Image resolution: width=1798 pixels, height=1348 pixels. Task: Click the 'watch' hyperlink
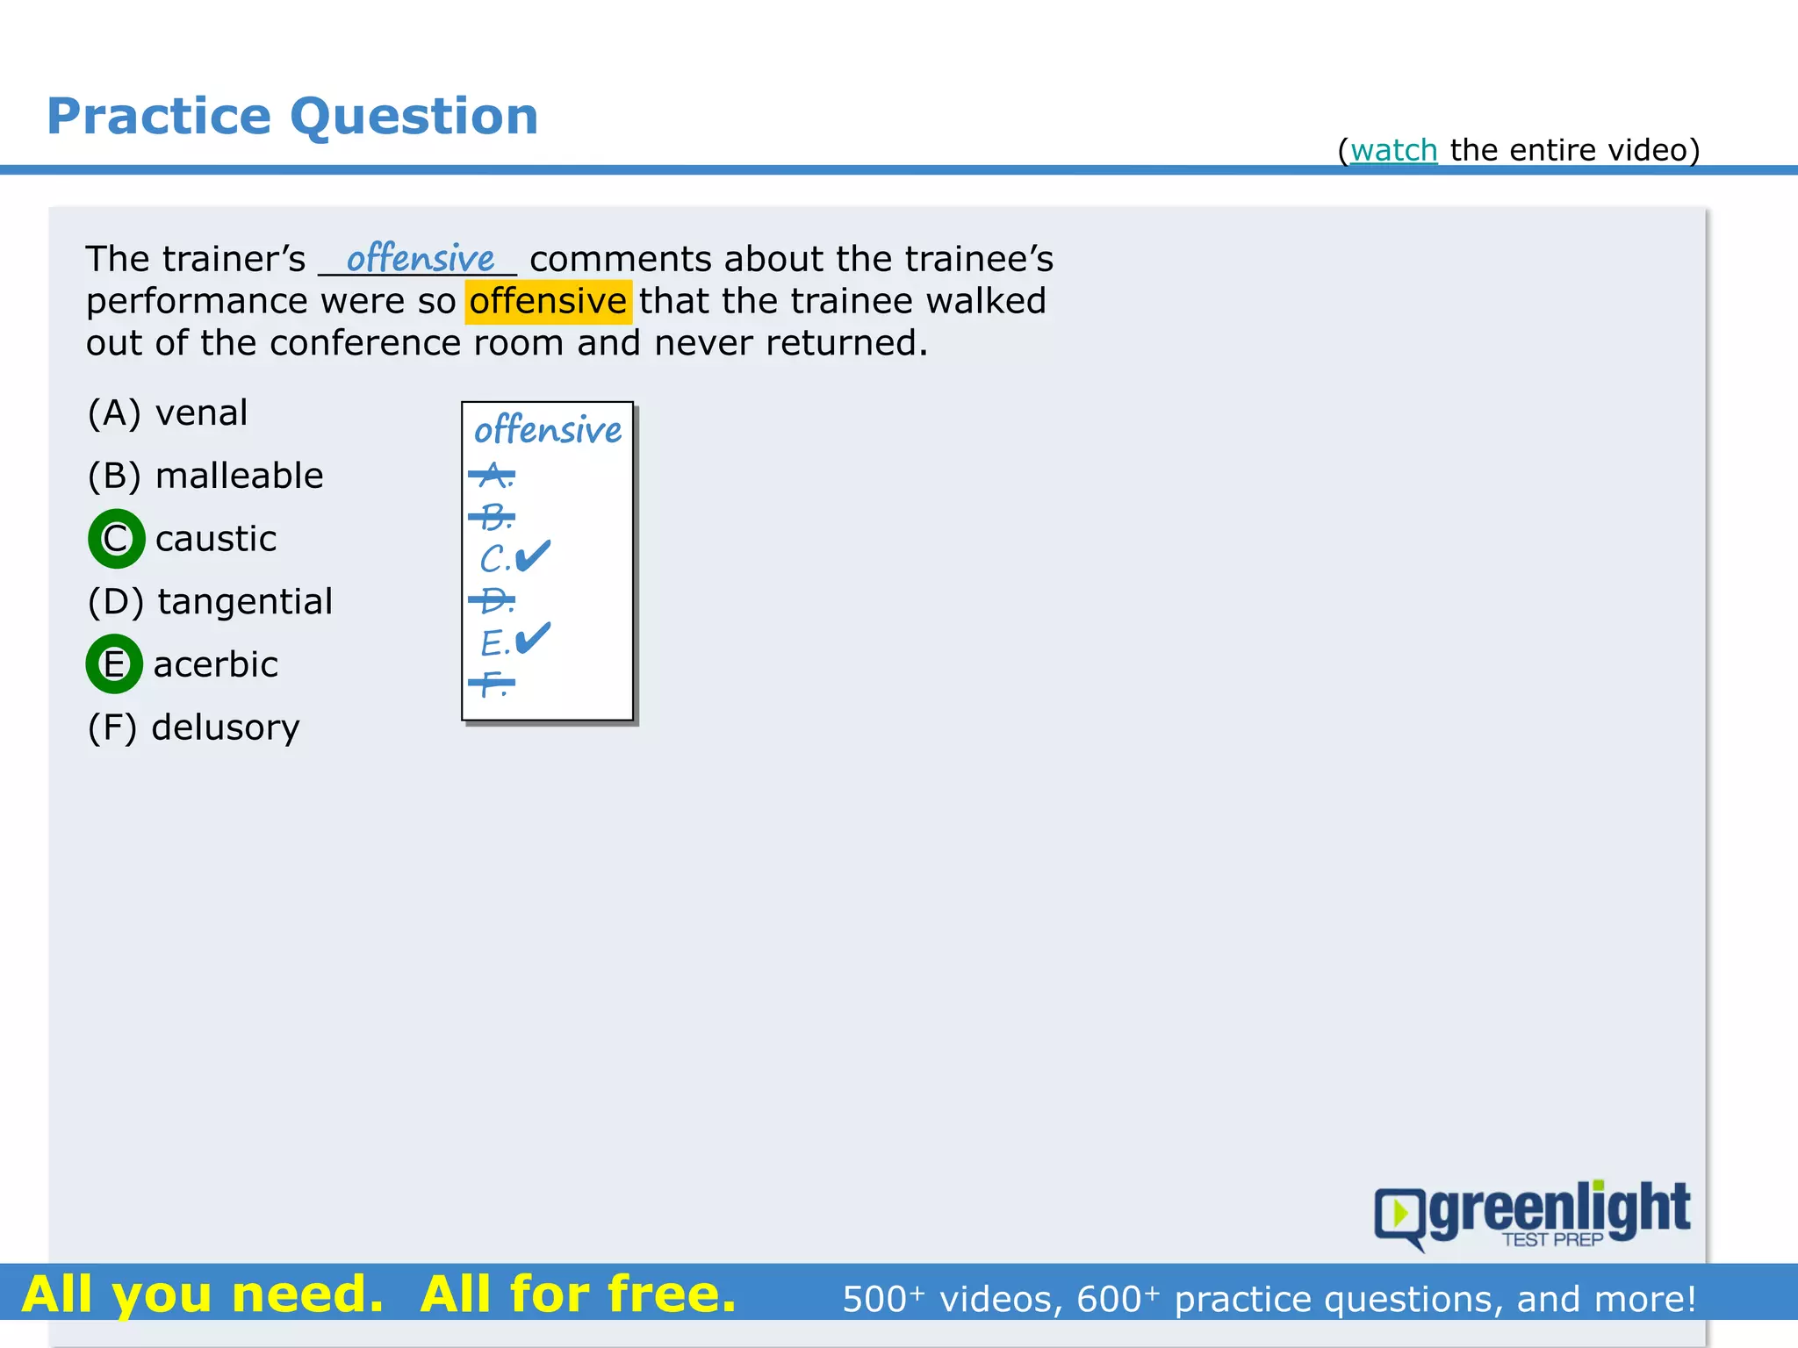tap(1393, 150)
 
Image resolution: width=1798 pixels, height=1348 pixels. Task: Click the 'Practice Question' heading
tap(292, 116)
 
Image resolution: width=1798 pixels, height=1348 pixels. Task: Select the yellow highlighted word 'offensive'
tap(548, 301)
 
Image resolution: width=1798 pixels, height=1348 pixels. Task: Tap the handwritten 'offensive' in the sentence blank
tap(421, 258)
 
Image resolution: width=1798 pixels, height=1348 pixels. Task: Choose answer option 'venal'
tap(201, 412)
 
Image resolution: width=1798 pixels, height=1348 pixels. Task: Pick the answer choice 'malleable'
tap(239, 476)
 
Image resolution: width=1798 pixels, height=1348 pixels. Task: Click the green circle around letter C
tap(116, 538)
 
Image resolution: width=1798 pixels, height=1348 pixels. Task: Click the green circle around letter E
tap(114, 663)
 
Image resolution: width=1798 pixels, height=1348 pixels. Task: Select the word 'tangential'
tap(245, 601)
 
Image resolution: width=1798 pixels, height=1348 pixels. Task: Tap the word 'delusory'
tap(226, 727)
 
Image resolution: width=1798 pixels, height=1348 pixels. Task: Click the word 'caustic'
tap(216, 538)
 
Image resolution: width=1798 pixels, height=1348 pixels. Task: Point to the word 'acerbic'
tap(216, 664)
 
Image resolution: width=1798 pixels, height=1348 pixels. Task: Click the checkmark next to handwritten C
tap(533, 556)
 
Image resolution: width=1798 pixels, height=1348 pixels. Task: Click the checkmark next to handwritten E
tap(533, 638)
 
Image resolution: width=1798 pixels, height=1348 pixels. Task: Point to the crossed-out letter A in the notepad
tap(493, 476)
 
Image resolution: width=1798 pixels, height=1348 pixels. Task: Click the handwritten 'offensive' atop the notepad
tap(548, 430)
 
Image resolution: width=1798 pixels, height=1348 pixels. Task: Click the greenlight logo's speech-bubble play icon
tap(1399, 1215)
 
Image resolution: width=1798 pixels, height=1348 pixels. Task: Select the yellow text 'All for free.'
tap(578, 1294)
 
